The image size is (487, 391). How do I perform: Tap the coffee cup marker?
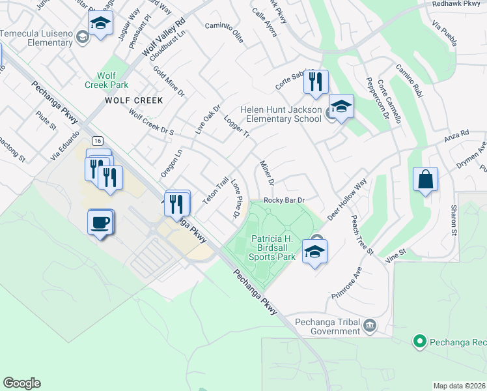click(x=100, y=222)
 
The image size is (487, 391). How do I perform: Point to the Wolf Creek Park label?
click(x=107, y=80)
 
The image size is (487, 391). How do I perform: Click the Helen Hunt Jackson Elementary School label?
click(x=281, y=113)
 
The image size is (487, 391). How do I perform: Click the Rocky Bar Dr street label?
click(x=285, y=200)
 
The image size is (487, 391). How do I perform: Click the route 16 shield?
click(x=97, y=141)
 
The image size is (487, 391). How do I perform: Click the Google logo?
click(x=21, y=383)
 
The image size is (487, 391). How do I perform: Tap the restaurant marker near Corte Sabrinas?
click(x=315, y=81)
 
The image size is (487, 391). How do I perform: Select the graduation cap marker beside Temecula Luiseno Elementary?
click(x=100, y=24)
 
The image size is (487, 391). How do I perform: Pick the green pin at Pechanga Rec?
click(x=420, y=341)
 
